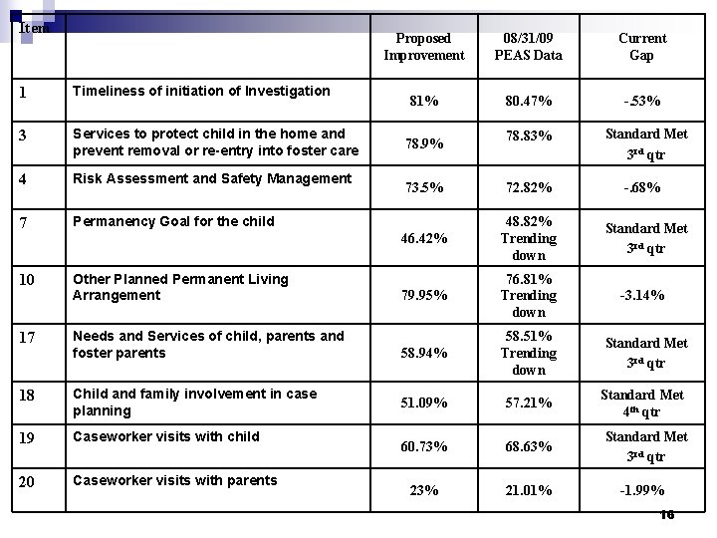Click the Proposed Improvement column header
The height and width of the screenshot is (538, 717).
(x=423, y=47)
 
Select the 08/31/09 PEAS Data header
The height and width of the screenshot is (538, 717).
(x=528, y=47)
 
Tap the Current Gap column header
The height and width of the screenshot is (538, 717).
(x=642, y=47)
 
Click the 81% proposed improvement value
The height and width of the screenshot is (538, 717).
(x=423, y=101)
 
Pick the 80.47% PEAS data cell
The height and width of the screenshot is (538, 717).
(x=528, y=101)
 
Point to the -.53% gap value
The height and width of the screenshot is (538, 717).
(x=642, y=101)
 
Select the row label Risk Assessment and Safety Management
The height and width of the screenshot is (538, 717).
(x=212, y=179)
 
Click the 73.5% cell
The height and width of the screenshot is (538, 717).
(x=423, y=187)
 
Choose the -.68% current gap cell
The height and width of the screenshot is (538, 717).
(x=642, y=187)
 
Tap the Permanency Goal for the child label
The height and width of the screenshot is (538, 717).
(x=173, y=221)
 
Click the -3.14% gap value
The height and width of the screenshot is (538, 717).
(x=642, y=296)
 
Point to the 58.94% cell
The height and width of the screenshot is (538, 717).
(x=423, y=353)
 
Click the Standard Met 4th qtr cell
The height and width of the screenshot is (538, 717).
(x=642, y=403)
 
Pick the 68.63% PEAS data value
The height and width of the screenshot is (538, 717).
(x=528, y=446)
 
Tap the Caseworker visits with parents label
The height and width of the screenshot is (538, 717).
(x=175, y=480)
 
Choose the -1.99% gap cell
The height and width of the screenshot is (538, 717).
(x=642, y=490)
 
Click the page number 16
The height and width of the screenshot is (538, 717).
(x=666, y=514)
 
